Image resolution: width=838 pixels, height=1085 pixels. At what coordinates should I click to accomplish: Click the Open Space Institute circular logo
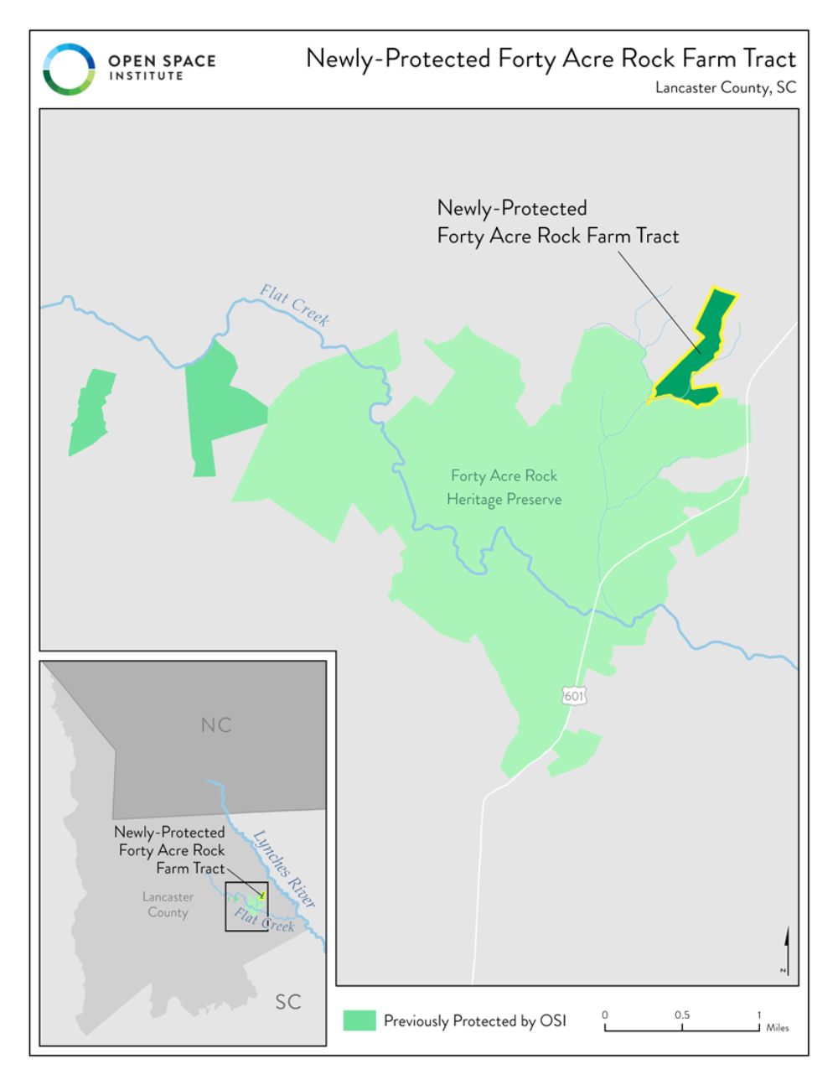click(x=69, y=69)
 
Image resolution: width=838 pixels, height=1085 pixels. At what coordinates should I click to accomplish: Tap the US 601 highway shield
click(x=573, y=695)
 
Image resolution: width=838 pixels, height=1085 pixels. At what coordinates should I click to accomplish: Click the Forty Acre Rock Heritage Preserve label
click(x=504, y=487)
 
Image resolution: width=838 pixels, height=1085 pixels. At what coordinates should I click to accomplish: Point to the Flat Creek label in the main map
click(x=294, y=304)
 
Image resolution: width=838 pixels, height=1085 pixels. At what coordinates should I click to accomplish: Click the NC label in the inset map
click(x=215, y=725)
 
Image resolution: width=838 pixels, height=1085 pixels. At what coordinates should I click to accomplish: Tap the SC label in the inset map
click(x=287, y=1001)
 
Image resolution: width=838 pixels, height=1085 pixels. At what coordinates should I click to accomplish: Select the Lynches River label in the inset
click(x=285, y=869)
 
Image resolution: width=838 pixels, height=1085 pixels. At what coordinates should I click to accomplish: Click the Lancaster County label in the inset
click(x=168, y=905)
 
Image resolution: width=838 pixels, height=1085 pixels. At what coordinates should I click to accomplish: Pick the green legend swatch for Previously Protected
click(x=359, y=1020)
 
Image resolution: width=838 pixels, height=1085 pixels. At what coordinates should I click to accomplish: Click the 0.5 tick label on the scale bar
click(x=682, y=1015)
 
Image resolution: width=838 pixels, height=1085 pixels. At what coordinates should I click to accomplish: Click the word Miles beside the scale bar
click(x=777, y=1027)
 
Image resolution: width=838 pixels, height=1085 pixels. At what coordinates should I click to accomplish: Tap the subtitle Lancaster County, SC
click(x=725, y=87)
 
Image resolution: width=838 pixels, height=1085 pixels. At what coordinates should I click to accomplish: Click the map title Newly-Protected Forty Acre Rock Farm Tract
click(x=551, y=59)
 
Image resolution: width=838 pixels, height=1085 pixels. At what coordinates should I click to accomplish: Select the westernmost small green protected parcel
click(x=91, y=412)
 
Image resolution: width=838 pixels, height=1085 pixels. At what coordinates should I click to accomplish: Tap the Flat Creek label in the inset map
click(x=264, y=920)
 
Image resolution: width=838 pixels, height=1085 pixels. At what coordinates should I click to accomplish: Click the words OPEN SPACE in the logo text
click(x=162, y=60)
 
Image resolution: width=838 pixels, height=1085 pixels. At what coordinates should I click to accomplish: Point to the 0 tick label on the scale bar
click(x=605, y=1015)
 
